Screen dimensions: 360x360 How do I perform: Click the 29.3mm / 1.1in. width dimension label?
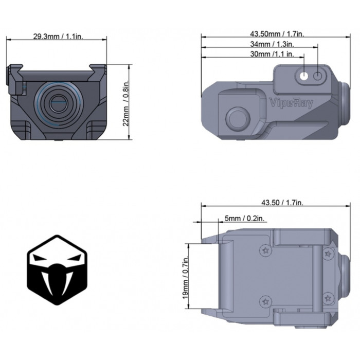[x=57, y=37]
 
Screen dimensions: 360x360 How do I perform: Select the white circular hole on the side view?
[x=304, y=77]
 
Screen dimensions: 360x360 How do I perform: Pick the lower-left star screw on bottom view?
[x=266, y=301]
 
